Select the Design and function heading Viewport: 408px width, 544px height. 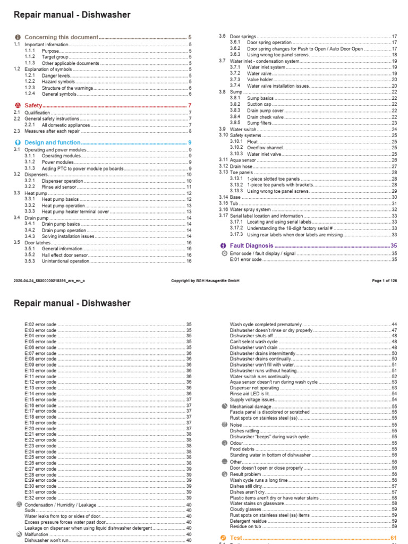point(53,143)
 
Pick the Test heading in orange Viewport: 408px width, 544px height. point(236,538)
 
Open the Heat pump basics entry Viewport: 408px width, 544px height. point(61,199)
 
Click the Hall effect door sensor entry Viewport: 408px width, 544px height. point(65,255)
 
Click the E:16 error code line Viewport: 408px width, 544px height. point(40,405)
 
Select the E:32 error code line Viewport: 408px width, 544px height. point(40,498)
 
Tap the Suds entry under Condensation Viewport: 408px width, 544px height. point(30,510)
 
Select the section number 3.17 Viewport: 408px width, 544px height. point(223,216)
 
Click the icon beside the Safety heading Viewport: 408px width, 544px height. point(18,106)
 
